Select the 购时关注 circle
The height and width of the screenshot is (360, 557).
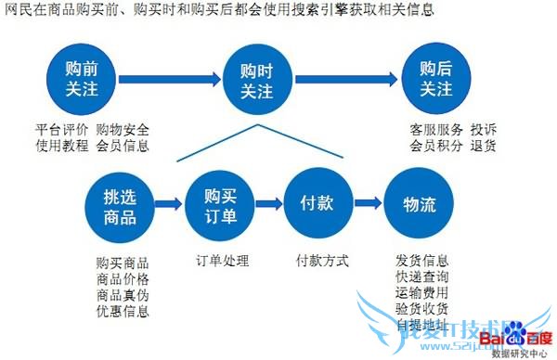(x=255, y=80)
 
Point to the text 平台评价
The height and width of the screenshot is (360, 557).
(x=62, y=129)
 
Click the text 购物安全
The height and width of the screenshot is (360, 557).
(x=123, y=129)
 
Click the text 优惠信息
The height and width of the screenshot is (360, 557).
(x=123, y=310)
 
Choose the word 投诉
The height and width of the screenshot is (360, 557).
(x=484, y=129)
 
